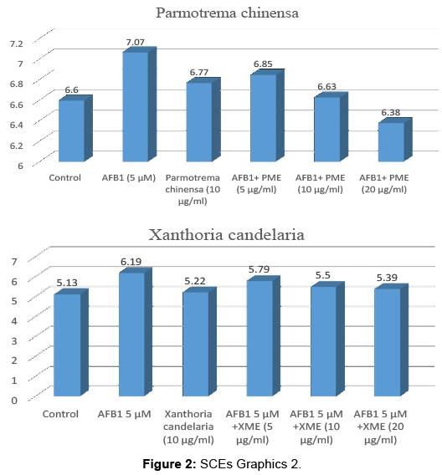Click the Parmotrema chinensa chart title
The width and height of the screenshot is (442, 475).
click(x=227, y=13)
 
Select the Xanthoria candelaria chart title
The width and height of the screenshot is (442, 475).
click(x=226, y=235)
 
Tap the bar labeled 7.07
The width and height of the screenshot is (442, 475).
click(x=140, y=105)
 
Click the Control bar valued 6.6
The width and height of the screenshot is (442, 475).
click(x=75, y=129)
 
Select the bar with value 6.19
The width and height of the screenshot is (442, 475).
click(x=136, y=332)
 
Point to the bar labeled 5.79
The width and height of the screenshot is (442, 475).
click(x=264, y=336)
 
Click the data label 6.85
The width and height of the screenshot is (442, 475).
click(x=263, y=64)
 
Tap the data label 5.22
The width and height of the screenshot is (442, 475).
click(x=195, y=281)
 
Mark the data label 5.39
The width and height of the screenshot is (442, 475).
click(x=387, y=278)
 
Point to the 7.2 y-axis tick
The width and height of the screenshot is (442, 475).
click(x=17, y=43)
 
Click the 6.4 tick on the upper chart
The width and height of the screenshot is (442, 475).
click(x=17, y=125)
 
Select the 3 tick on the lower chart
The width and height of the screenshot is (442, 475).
click(x=14, y=341)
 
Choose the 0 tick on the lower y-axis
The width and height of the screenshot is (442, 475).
click(x=14, y=401)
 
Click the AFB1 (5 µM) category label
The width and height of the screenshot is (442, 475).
click(x=129, y=177)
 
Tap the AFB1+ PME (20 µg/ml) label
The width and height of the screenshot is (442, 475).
click(x=383, y=184)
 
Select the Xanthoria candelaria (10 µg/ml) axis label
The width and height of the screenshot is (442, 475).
click(x=188, y=426)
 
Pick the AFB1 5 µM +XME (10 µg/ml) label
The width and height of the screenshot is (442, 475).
click(x=316, y=426)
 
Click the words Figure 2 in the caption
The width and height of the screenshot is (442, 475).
click(x=169, y=464)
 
